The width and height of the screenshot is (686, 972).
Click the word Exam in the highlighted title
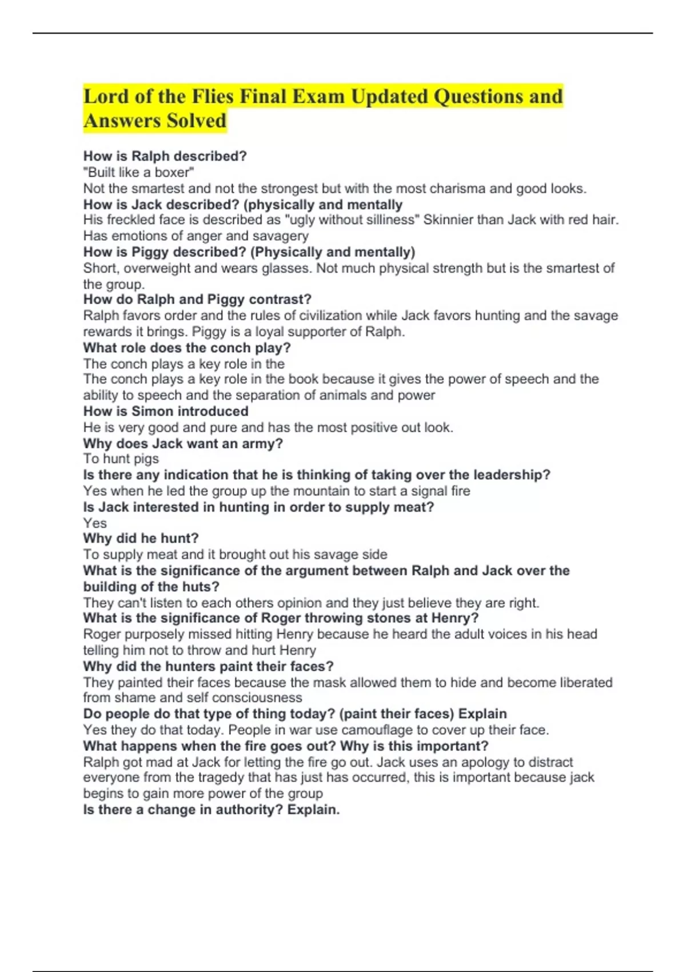click(317, 97)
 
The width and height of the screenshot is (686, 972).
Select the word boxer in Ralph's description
click(171, 172)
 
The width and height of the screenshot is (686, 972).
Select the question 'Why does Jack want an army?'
click(183, 443)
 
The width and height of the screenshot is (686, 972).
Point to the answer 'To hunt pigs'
click(121, 459)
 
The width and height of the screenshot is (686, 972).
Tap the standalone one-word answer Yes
click(95, 523)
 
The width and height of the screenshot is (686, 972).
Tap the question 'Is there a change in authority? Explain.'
click(212, 810)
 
